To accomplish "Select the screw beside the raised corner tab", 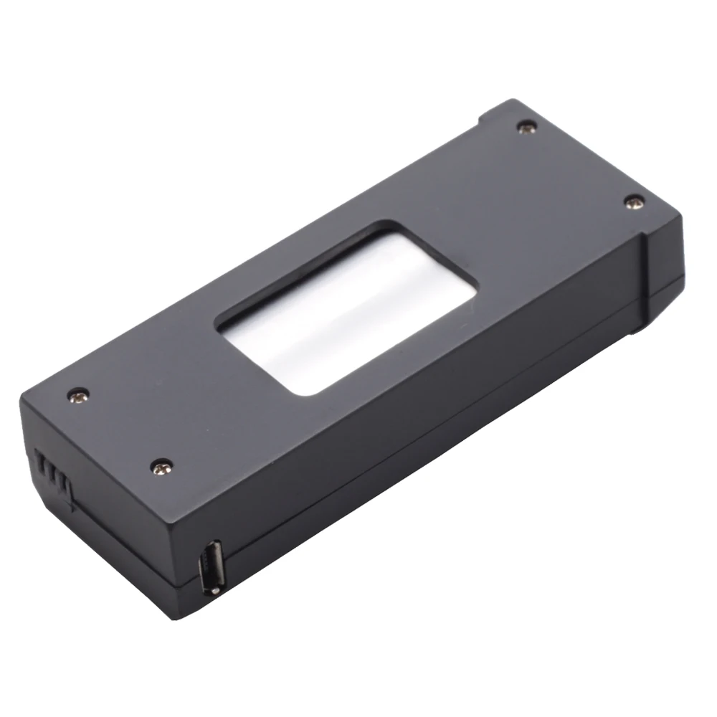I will (x=528, y=128).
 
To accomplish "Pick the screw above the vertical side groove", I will (x=632, y=203).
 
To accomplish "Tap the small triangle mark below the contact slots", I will (x=72, y=506).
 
